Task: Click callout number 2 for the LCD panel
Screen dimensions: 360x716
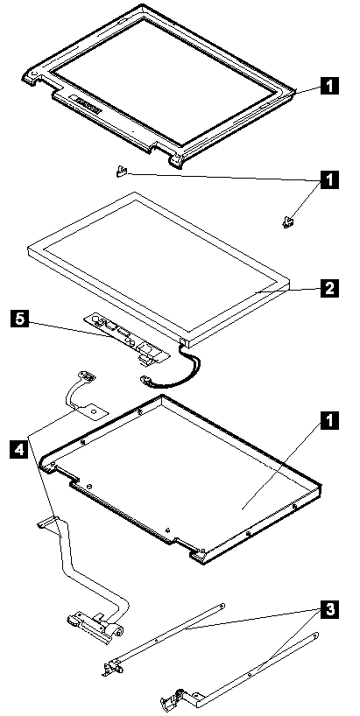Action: [x=330, y=289]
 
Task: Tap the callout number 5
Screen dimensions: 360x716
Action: [x=18, y=319]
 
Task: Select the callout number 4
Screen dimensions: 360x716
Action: [x=18, y=449]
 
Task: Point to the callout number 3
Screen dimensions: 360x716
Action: [x=330, y=609]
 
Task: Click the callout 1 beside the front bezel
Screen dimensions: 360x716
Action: [x=330, y=85]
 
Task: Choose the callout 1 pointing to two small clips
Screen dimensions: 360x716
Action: [x=330, y=179]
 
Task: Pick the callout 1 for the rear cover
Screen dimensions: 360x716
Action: [x=330, y=420]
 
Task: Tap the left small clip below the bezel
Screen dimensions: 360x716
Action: [x=121, y=172]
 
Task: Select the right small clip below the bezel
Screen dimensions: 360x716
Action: [x=288, y=222]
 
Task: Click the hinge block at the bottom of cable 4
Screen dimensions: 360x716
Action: [x=96, y=624]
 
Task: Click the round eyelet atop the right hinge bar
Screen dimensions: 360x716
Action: [x=315, y=635]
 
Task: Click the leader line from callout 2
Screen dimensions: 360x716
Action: [x=288, y=290]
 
